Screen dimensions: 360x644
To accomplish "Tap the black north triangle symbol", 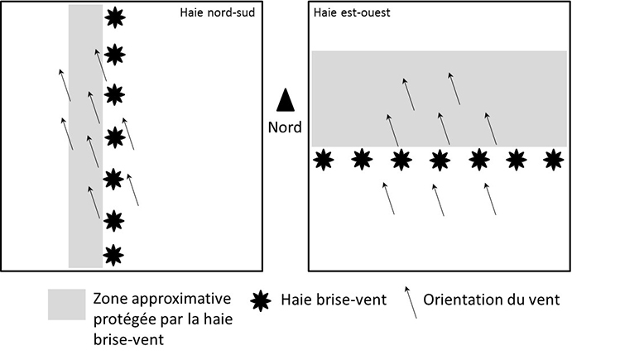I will tap(286, 99).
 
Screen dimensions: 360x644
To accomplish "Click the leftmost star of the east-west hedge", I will tap(323, 159).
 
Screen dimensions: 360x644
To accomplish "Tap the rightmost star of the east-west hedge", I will tap(555, 159).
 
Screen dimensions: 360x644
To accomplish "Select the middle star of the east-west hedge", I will tap(440, 159).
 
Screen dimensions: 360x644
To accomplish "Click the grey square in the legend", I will tap(66, 304).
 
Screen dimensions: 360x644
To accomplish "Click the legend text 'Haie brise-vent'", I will tap(333, 300).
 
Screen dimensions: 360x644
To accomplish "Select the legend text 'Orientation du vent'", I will tap(492, 300).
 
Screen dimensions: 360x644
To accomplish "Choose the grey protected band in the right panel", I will tap(439, 83).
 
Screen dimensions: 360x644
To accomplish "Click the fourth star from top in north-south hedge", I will tap(114, 135).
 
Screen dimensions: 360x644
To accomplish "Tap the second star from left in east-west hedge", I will tap(362, 159).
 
